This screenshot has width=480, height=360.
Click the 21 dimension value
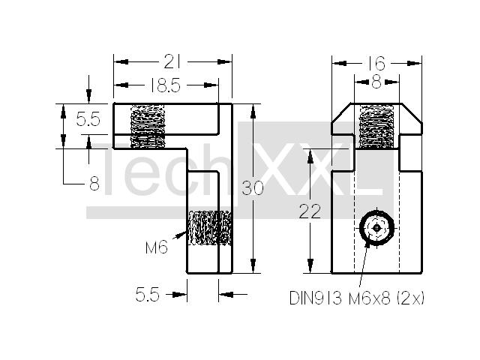click(172, 61)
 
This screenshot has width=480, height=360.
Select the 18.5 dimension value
click(166, 85)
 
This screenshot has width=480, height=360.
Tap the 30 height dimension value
click(252, 188)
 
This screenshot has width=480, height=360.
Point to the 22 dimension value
click(310, 211)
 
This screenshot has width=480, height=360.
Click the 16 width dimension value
click(376, 63)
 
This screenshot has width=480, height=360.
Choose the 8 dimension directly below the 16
click(376, 82)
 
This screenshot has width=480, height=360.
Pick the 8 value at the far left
click(94, 184)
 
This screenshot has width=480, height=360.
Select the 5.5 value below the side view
click(148, 295)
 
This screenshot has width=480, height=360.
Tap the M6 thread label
click(157, 247)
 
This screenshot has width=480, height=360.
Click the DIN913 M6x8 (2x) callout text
click(357, 298)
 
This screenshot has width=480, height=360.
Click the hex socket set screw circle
click(376, 228)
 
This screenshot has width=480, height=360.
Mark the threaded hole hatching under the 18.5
click(148, 127)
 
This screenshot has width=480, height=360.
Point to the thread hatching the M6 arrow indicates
click(210, 228)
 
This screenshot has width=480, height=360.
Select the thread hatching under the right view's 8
click(376, 127)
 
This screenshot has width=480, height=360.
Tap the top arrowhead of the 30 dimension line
click(253, 112)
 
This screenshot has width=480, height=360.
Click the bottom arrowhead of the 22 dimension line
click(310, 265)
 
